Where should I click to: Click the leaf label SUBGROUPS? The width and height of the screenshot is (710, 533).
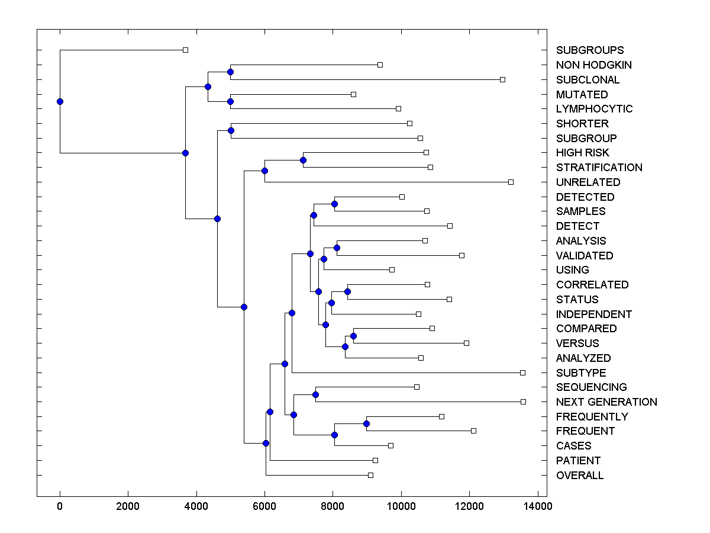(589, 50)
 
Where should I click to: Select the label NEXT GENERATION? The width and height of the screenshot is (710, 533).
(606, 402)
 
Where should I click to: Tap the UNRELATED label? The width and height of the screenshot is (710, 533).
(588, 182)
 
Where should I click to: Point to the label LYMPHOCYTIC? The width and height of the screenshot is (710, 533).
(594, 109)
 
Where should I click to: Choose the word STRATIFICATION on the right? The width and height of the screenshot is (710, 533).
(599, 168)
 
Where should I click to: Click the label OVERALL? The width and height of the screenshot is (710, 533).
(580, 476)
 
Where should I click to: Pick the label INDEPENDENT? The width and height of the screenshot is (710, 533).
(593, 314)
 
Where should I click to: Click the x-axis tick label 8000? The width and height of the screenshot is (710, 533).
(333, 506)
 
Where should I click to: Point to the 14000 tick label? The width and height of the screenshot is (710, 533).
(537, 506)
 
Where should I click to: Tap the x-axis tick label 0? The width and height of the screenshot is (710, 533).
(60, 506)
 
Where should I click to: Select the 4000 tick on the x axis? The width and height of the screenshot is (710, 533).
(196, 506)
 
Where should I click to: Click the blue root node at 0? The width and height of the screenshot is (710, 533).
(60, 101)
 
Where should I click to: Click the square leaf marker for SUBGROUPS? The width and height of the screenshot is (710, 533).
(185, 50)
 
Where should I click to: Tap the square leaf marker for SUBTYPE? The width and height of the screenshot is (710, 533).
(522, 373)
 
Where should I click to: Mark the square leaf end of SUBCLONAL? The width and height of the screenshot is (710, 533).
(502, 79)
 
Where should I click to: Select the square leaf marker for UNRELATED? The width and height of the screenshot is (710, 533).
(511, 182)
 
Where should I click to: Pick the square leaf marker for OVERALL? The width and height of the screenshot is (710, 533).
(370, 475)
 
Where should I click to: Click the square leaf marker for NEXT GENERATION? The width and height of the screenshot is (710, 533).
(523, 402)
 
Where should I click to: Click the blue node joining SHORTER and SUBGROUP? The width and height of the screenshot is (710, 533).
(231, 130)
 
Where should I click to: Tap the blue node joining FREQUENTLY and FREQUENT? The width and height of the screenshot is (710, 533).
(366, 423)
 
